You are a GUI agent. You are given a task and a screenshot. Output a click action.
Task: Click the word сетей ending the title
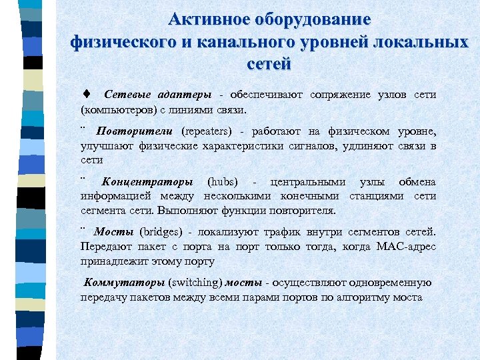pyautogui.click(x=269, y=64)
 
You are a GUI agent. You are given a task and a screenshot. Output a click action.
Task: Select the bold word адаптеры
pyautogui.click(x=183, y=95)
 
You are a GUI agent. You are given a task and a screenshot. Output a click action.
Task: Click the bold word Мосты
pyautogui.click(x=115, y=232)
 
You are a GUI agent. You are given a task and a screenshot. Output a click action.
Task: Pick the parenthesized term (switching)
pyautogui.click(x=196, y=283)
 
